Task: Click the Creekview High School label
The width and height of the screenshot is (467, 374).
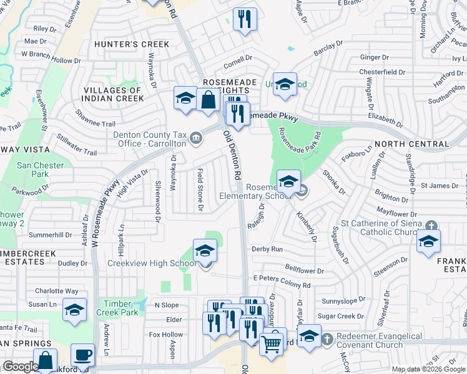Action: [x=153, y=263]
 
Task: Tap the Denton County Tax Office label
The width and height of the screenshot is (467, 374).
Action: [x=150, y=139]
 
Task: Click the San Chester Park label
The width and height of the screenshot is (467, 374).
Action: [x=32, y=170]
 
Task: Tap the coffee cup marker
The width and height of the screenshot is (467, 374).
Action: [x=83, y=356]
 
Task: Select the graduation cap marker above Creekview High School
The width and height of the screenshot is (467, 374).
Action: [x=205, y=252]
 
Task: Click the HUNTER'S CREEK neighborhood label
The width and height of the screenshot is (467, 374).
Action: [x=131, y=44]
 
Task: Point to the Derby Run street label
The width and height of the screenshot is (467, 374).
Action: [x=267, y=249]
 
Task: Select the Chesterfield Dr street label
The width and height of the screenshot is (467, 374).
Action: [x=383, y=72]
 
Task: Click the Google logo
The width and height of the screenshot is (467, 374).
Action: [x=21, y=367]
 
